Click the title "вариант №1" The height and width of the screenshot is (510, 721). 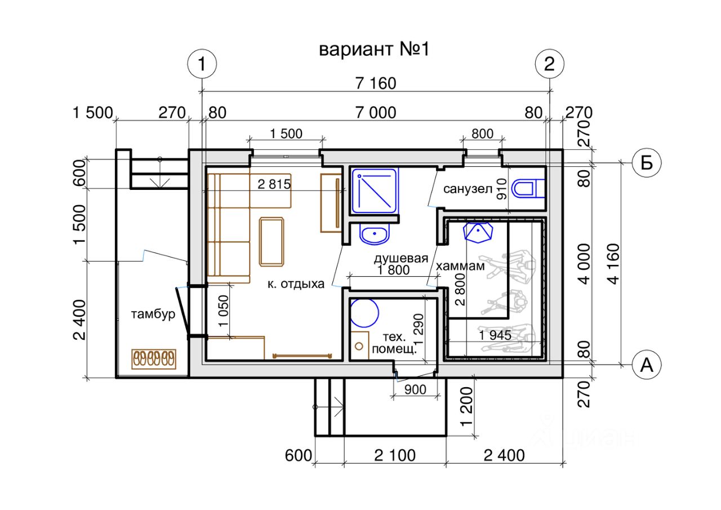click(374, 49)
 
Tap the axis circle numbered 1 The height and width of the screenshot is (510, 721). click(201, 64)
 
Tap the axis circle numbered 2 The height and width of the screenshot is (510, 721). click(550, 64)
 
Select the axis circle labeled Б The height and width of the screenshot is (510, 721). click(646, 163)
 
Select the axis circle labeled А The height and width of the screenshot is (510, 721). click(646, 365)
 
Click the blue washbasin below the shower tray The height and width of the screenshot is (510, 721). click(375, 234)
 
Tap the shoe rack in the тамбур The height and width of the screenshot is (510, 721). click(154, 358)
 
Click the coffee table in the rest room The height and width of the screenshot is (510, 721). click(272, 241)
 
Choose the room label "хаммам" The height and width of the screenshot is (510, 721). click(461, 266)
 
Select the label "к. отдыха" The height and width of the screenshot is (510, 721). click(296, 284)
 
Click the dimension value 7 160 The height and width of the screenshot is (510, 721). click(376, 83)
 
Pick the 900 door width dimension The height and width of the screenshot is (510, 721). click(415, 389)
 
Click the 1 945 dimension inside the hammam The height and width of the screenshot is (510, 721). click(495, 335)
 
